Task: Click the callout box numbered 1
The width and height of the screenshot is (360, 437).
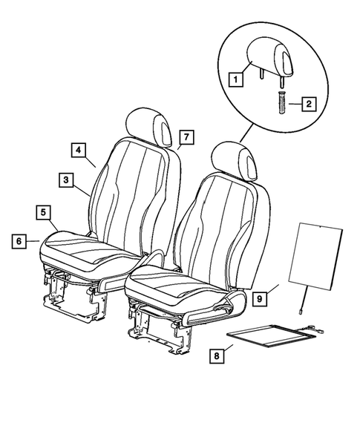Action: (x=235, y=77)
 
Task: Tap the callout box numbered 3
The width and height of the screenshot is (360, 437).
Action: (x=66, y=180)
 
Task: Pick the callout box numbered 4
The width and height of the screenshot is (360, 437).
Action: (x=78, y=148)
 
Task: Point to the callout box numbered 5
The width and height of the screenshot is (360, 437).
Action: (x=45, y=212)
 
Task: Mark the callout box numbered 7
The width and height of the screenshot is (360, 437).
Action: (x=186, y=137)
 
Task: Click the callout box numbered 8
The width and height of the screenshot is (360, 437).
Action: (x=217, y=357)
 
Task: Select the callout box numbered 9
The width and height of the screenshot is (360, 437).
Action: (x=259, y=298)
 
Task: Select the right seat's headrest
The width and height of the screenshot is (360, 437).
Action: (x=232, y=158)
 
